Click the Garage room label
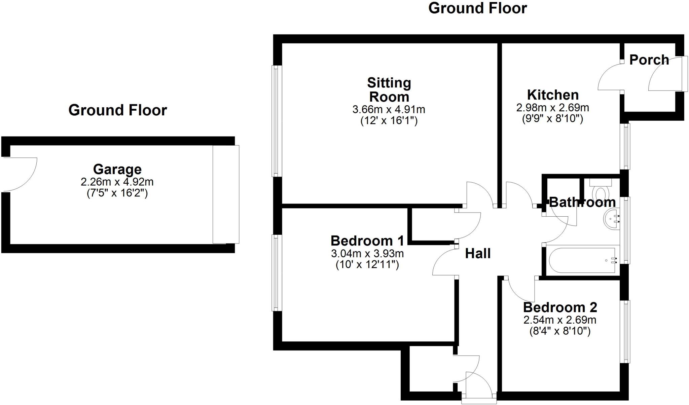(x=117, y=169)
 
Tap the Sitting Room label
(x=389, y=90)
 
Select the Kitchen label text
(x=553, y=95)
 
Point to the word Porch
(x=649, y=60)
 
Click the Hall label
(x=478, y=254)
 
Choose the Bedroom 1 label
(x=367, y=241)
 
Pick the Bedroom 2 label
(x=560, y=307)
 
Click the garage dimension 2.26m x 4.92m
(x=117, y=182)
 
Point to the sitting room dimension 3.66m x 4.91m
(x=389, y=110)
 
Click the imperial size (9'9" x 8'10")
(x=552, y=118)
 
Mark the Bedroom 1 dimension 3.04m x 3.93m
(x=367, y=253)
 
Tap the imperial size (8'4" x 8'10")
(x=560, y=331)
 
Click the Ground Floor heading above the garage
(x=117, y=110)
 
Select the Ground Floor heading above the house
(x=477, y=8)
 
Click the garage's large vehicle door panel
(x=226, y=194)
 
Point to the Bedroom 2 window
(x=625, y=332)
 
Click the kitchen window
(x=625, y=146)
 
